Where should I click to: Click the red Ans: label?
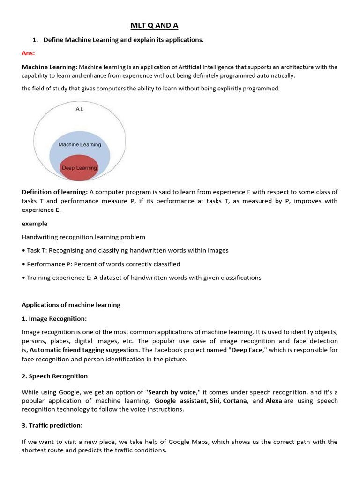(x=29, y=53)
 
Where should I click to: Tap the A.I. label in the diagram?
(x=79, y=109)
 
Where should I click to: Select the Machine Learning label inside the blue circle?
(x=80, y=145)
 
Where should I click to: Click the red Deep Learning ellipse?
(x=79, y=168)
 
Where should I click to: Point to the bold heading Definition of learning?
(x=55, y=192)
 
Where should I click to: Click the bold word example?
(x=34, y=224)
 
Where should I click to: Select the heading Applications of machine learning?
(x=71, y=305)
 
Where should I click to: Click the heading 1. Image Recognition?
(x=54, y=319)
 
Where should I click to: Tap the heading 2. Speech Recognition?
(x=55, y=376)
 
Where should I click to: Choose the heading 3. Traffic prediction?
(x=52, y=425)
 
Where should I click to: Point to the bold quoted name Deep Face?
(x=247, y=350)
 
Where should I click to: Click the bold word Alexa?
(x=274, y=401)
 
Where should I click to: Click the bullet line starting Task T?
(x=125, y=250)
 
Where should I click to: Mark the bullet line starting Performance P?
(x=101, y=264)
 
